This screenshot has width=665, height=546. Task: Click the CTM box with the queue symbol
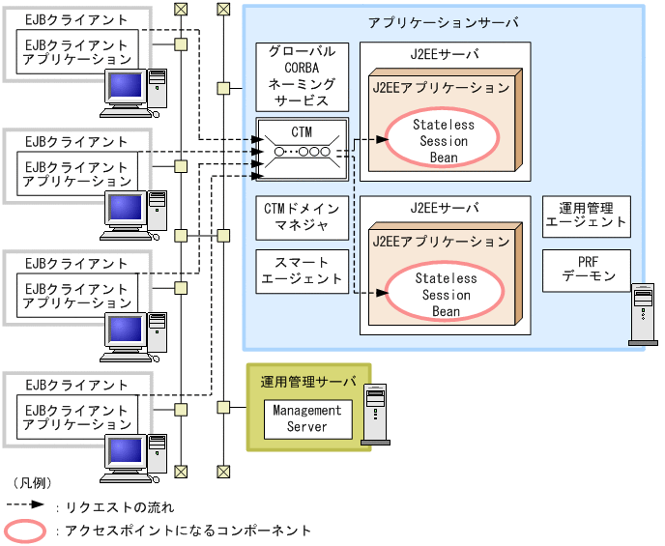pos(303,148)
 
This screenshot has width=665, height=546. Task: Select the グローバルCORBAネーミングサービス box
pos(303,75)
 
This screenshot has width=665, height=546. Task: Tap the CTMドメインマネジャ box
pos(303,216)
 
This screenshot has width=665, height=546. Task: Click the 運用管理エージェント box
pos(586,215)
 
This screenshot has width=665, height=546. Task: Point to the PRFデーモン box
pos(586,270)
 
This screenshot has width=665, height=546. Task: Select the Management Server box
pos(306,418)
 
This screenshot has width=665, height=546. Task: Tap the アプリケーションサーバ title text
pos(444,21)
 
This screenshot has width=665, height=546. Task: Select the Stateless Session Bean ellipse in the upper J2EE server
pos(444,140)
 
